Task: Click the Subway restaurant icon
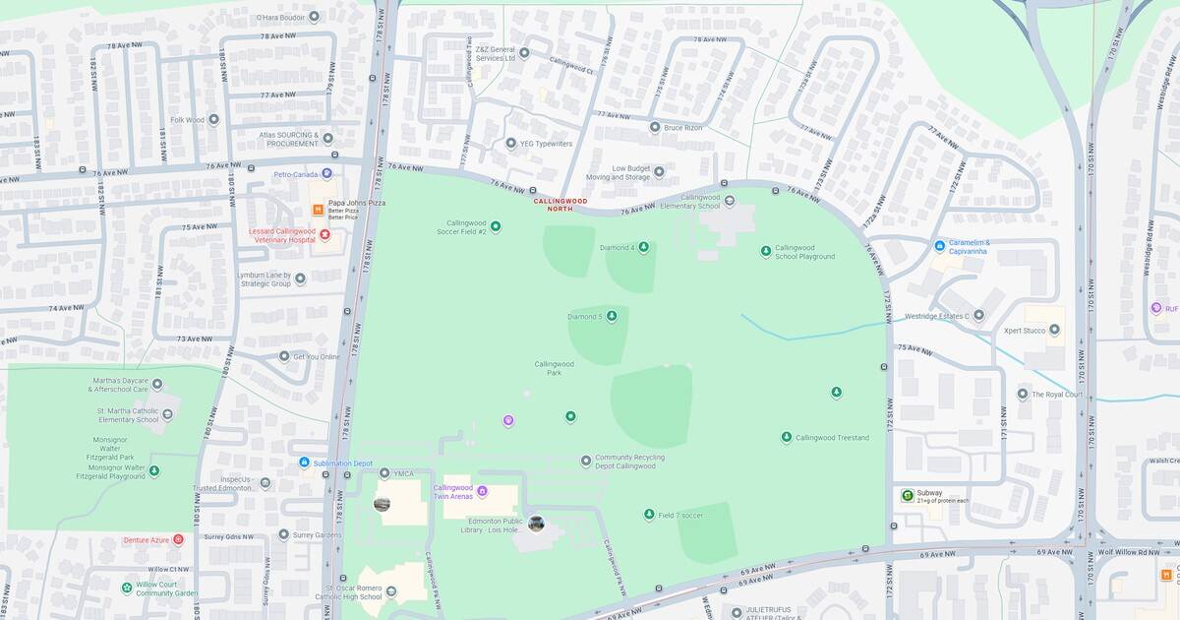pyautogui.click(x=907, y=495)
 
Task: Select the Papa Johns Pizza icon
pyautogui.click(x=318, y=210)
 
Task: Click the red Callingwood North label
pyautogui.click(x=560, y=205)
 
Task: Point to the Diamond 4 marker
pyautogui.click(x=643, y=247)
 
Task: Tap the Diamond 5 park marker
pyautogui.click(x=612, y=316)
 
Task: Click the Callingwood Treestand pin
pyautogui.click(x=787, y=437)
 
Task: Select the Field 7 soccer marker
pyautogui.click(x=649, y=515)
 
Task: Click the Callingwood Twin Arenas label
pyautogui.click(x=453, y=491)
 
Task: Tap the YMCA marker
pyautogui.click(x=384, y=473)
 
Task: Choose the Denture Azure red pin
pyautogui.click(x=178, y=539)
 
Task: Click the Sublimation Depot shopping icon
pyautogui.click(x=305, y=463)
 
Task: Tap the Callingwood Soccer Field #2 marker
pyautogui.click(x=496, y=226)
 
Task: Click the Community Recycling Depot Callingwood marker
pyautogui.click(x=586, y=460)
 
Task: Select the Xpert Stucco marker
pyautogui.click(x=1054, y=331)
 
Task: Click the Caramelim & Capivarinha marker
pyautogui.click(x=940, y=245)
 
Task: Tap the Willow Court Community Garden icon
pyautogui.click(x=127, y=588)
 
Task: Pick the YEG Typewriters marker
pyautogui.click(x=510, y=144)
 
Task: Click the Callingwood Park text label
pyautogui.click(x=554, y=368)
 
